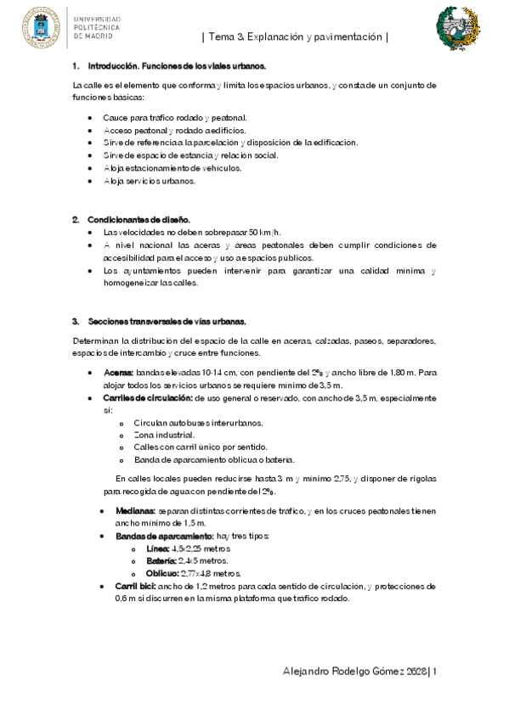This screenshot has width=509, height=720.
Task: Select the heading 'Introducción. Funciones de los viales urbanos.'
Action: pos(176,65)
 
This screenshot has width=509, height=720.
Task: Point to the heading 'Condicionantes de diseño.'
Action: pos(138,219)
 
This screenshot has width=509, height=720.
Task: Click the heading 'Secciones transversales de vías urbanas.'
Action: pos(167,322)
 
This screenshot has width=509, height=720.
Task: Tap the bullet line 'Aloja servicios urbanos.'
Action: pos(149,181)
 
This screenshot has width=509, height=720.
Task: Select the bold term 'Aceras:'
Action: pos(118,373)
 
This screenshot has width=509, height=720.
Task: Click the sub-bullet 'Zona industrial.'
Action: pos(158,435)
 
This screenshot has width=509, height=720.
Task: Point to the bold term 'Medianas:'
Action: pos(135,511)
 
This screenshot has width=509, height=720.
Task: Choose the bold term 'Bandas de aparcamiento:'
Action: pos(152,537)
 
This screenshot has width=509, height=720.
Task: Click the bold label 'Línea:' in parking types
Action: pos(158,548)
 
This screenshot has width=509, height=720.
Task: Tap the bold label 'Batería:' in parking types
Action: pos(161,561)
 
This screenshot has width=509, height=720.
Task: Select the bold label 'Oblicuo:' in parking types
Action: pos(162,573)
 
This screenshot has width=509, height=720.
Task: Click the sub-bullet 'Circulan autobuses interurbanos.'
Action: pos(198,423)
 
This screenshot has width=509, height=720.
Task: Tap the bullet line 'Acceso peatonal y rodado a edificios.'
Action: pos(174,130)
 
